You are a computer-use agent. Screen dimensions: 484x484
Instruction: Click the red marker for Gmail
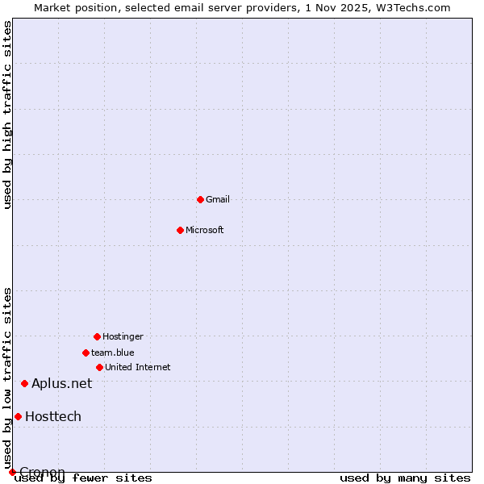click(x=200, y=199)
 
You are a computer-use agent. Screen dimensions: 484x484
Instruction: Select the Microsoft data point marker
click(x=181, y=230)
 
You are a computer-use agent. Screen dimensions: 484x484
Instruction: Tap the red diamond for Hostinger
click(x=97, y=336)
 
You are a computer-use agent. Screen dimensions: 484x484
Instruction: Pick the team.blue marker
click(x=86, y=353)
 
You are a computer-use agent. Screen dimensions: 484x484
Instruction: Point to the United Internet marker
click(x=99, y=367)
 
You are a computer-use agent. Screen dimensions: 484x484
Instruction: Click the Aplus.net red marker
click(x=24, y=383)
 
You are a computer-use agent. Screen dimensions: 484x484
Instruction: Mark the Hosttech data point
click(x=18, y=416)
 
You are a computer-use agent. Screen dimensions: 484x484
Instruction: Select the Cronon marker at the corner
click(x=12, y=472)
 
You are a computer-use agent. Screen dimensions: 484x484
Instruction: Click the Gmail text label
click(x=218, y=199)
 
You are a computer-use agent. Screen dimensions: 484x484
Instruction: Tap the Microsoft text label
click(x=205, y=230)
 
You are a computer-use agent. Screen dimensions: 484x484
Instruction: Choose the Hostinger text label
click(x=123, y=336)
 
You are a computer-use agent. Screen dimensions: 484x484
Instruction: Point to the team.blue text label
click(x=113, y=353)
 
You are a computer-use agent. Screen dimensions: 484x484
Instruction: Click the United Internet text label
click(x=138, y=367)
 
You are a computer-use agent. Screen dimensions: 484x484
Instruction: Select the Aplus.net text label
click(x=62, y=383)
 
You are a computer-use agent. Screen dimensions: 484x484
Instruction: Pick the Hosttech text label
click(x=53, y=416)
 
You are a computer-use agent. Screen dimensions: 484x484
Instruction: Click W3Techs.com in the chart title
click(x=416, y=7)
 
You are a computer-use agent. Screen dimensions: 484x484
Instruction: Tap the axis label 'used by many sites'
click(x=405, y=478)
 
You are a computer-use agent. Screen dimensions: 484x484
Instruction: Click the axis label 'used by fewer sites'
click(x=83, y=478)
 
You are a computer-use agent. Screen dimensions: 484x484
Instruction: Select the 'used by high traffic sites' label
click(x=7, y=115)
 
